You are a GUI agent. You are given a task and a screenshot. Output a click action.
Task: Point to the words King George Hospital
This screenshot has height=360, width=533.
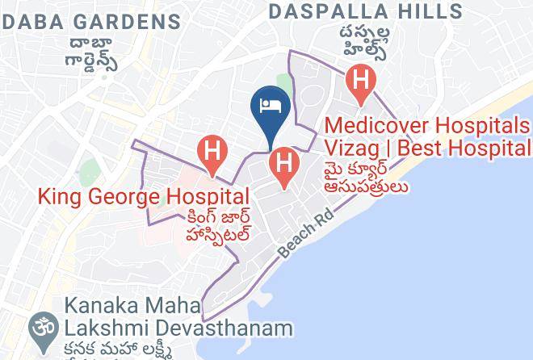[x=143, y=196]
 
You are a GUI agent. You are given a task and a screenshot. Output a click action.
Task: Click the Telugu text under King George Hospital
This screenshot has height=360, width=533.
[x=212, y=226]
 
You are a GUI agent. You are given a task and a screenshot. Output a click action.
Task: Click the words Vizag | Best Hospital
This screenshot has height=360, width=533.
[x=427, y=149]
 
